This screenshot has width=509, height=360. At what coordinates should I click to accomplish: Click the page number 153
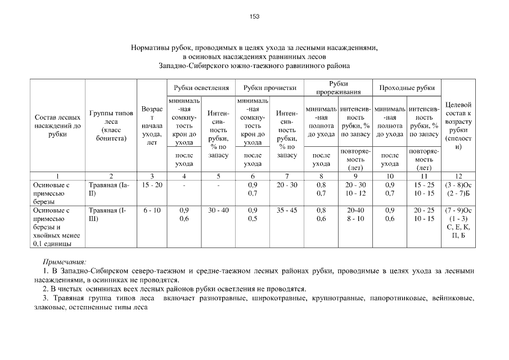coord(254,16)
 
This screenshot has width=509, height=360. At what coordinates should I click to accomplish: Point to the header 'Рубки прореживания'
coord(338,88)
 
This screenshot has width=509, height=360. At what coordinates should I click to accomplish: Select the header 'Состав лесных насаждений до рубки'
coord(57,125)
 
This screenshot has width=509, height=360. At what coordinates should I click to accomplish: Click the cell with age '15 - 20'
coord(152,184)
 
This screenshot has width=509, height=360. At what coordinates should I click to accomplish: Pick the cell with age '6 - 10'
coord(152,210)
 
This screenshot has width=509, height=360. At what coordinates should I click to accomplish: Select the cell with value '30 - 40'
coord(218,210)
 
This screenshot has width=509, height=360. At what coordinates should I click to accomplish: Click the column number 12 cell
coord(458,175)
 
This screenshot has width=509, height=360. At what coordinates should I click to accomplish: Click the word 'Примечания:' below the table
coord(64,262)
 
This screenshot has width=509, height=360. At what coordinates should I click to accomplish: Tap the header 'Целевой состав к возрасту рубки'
coord(458,125)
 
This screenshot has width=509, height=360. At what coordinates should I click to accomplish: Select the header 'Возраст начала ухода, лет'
coord(152,125)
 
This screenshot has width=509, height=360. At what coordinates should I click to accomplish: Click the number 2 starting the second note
coord(45,289)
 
